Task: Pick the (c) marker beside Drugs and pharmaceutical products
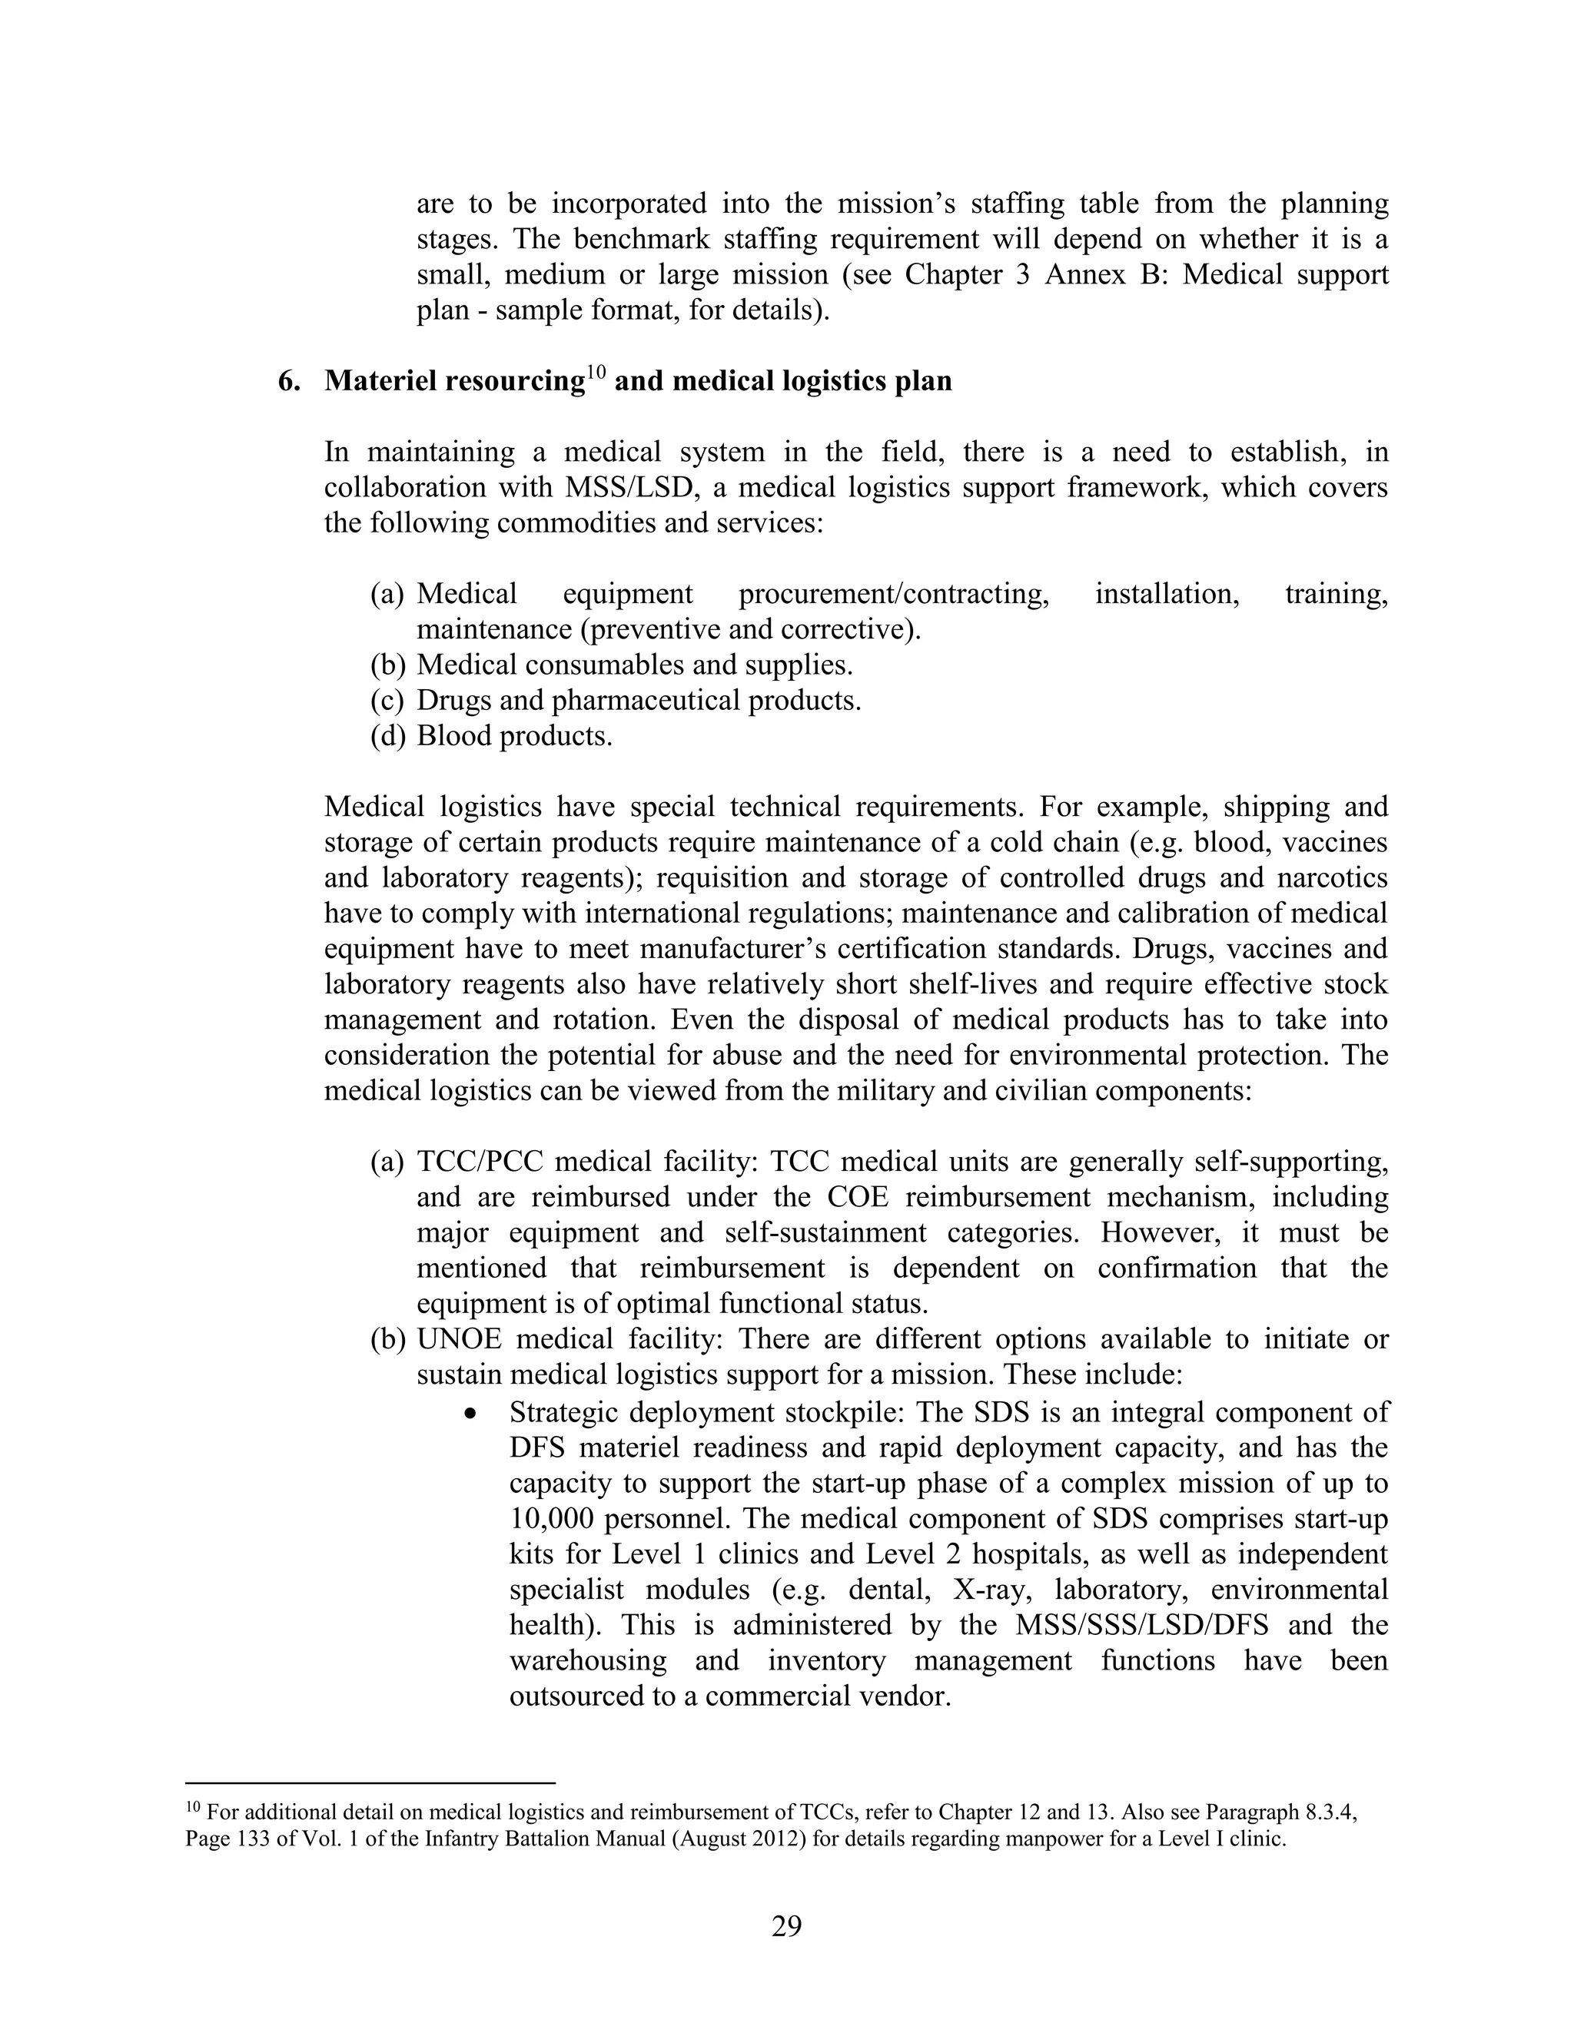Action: point(388,701)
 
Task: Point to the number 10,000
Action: point(553,1519)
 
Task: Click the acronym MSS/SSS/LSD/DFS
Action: point(1141,1625)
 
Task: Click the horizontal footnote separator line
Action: point(370,1782)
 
